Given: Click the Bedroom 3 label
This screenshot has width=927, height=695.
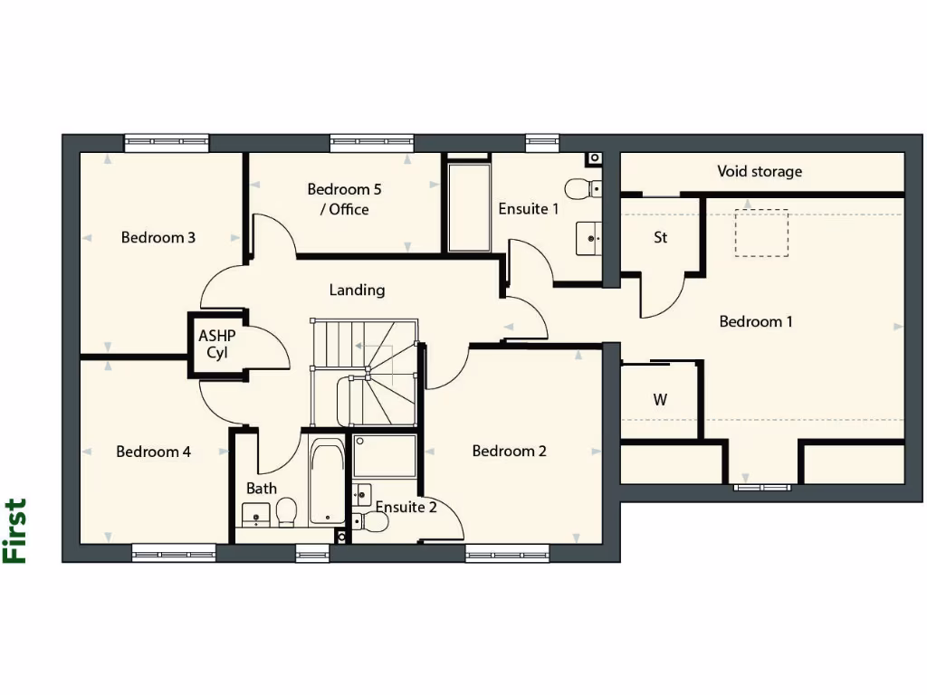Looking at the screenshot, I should [158, 238].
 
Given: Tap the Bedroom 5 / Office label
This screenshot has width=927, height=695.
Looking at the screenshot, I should [339, 199].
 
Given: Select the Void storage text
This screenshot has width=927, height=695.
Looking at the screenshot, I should [760, 171].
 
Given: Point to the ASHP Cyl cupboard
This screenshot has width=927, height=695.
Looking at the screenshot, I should [216, 345].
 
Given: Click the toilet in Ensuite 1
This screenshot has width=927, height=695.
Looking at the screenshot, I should [580, 189].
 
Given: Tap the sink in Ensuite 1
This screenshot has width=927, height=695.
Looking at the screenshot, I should [590, 239].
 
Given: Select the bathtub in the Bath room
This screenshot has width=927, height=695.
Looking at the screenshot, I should [326, 481].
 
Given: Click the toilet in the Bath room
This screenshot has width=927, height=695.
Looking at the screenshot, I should [287, 511].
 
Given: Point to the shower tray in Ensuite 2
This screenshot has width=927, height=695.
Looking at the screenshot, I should [385, 456].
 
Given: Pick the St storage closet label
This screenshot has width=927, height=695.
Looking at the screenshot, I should [661, 238].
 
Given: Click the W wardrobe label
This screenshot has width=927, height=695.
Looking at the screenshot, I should [660, 400].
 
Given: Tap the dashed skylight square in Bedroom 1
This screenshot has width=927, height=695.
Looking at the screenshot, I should [760, 233].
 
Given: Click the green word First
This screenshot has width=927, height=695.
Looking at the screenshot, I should [15, 531].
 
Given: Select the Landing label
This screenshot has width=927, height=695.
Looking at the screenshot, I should [357, 290].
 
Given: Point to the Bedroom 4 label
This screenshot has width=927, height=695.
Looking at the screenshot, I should [153, 452].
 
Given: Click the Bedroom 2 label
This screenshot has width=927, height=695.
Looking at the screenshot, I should [509, 451].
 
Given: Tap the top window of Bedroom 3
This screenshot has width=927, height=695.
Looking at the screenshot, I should [167, 142].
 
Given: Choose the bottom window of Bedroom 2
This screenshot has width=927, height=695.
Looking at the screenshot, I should [507, 552].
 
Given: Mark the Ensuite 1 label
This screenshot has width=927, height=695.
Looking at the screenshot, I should [529, 209].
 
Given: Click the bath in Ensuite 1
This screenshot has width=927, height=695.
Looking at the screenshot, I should [468, 207].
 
